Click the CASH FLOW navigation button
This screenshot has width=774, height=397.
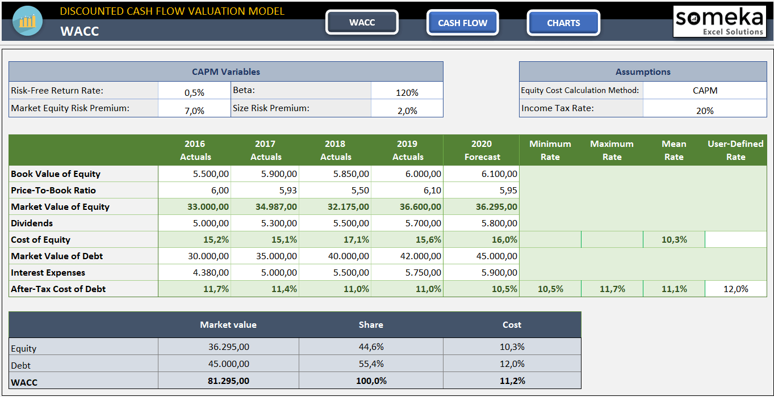coord(462,23)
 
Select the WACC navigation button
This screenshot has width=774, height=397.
coord(362,23)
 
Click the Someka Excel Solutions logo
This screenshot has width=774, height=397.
coord(719,22)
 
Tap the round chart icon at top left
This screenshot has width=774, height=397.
coord(27,22)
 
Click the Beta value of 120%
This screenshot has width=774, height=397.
coord(407,92)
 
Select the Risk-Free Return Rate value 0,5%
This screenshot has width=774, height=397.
coord(194,92)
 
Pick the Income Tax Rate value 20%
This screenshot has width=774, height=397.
coord(704,111)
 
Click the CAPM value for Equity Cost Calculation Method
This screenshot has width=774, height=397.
coord(704,91)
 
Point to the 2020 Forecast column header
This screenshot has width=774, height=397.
coord(481,150)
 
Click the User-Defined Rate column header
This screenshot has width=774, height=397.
coord(735,150)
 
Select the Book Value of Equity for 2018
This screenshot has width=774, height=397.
coord(336,174)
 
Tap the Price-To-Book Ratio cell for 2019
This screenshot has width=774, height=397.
coord(407,191)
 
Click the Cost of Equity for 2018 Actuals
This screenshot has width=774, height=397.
coord(336,240)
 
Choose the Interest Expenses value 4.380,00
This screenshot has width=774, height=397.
coord(195,273)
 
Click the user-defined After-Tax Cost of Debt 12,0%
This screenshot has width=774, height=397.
coord(735,289)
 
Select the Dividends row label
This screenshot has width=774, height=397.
coord(32,223)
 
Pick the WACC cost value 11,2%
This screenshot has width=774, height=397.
coord(512,381)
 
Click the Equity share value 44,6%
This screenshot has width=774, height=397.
coord(371,347)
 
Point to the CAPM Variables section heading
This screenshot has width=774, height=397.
coord(225,72)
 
